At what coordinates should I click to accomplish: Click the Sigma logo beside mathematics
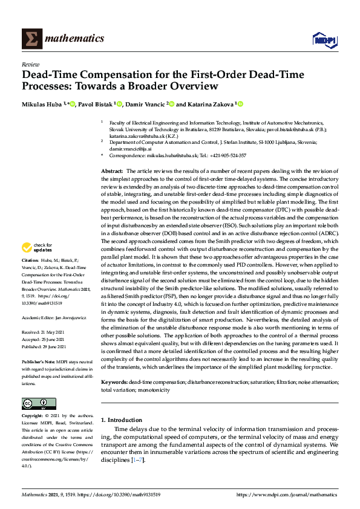click(30, 39)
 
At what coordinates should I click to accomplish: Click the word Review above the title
click(30, 63)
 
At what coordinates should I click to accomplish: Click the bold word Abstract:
click(112, 172)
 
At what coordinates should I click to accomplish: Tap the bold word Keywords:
click(114, 383)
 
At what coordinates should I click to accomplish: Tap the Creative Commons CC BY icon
click(34, 403)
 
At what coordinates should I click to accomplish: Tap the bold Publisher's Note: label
click(38, 361)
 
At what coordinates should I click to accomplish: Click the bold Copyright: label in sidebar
click(33, 417)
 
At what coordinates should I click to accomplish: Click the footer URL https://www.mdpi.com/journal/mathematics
click(286, 494)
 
